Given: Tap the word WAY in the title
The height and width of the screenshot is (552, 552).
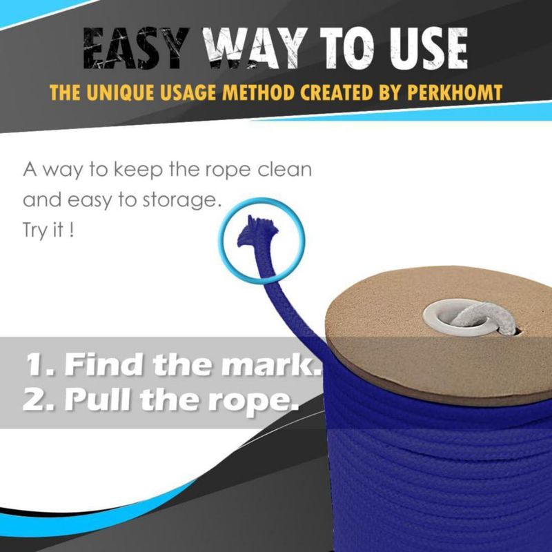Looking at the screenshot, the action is click(x=257, y=48).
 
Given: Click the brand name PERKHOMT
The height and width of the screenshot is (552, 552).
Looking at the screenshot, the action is click(x=455, y=92).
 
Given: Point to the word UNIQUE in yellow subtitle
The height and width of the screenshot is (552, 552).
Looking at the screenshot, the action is click(x=119, y=92).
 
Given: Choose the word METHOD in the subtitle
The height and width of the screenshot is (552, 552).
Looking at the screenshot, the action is click(x=258, y=92).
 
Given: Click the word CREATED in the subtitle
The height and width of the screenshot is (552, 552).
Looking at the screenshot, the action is click(x=336, y=92).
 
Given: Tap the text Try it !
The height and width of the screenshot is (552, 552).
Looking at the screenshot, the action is click(x=48, y=230).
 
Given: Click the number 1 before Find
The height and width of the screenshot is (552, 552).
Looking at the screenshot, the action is click(x=34, y=364).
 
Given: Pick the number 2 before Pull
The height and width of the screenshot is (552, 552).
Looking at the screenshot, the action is click(x=32, y=400).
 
